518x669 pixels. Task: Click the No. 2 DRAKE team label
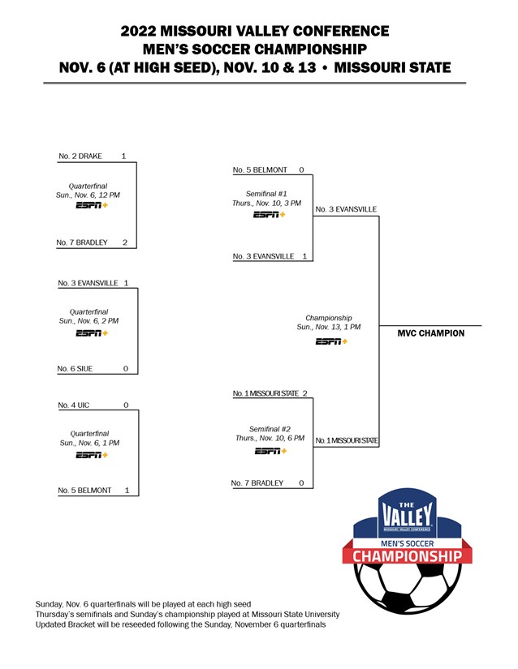pos(80,156)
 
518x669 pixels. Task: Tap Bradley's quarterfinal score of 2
pos(124,242)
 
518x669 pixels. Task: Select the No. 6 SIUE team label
pos(75,369)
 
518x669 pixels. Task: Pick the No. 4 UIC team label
pos(74,404)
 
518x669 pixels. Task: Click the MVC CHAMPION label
pos(431,333)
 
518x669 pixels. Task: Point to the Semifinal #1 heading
pos(266,194)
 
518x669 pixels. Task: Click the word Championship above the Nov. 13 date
pos(329,318)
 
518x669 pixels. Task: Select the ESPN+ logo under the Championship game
pos(331,341)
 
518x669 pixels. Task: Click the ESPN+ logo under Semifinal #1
pos(269,215)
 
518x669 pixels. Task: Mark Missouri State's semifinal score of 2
pos(304,393)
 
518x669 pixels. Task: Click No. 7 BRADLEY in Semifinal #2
pos(257,483)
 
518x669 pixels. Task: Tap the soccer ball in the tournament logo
pos(408,587)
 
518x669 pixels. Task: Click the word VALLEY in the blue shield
pos(408,515)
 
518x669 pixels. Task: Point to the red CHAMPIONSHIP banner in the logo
pos(408,556)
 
